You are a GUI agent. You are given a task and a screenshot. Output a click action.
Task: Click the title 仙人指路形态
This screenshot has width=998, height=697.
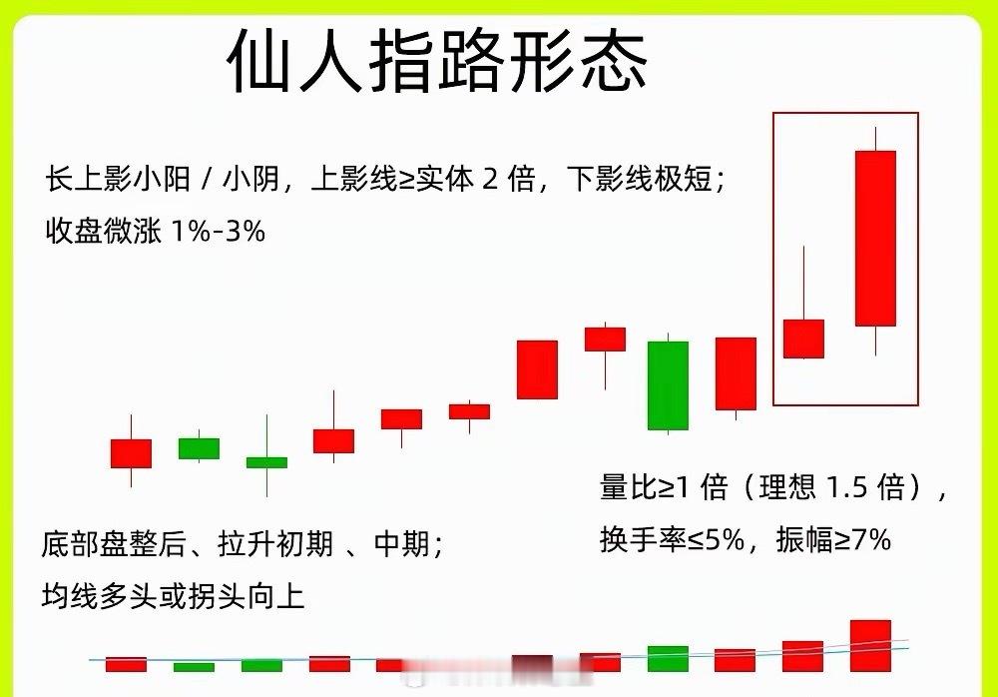pyautogui.click(x=437, y=62)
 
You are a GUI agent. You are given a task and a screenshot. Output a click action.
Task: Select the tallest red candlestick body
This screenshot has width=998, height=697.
pyautogui.click(x=875, y=238)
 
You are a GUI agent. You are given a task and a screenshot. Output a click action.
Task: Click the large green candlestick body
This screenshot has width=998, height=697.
pyautogui.click(x=668, y=385)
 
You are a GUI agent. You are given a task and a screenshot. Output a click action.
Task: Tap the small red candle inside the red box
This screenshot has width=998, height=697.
pyautogui.click(x=803, y=339)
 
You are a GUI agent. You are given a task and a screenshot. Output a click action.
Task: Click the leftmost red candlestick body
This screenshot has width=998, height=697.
pyautogui.click(x=131, y=453)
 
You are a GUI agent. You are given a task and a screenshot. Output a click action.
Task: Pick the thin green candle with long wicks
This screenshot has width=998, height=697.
pyautogui.click(x=266, y=462)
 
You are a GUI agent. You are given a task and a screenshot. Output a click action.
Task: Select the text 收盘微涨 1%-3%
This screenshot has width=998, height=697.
pyautogui.click(x=156, y=232)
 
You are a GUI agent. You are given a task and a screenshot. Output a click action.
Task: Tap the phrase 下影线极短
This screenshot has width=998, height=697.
pyautogui.click(x=639, y=180)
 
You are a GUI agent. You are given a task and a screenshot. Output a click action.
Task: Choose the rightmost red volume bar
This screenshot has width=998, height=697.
pyautogui.click(x=870, y=646)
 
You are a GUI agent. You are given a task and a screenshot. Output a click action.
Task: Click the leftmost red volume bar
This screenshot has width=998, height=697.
pyautogui.click(x=127, y=664)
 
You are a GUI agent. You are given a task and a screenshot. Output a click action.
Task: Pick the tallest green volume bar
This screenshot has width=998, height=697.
pyautogui.click(x=668, y=659)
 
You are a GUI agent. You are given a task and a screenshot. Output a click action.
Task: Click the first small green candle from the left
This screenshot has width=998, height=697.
pyautogui.click(x=199, y=448)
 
